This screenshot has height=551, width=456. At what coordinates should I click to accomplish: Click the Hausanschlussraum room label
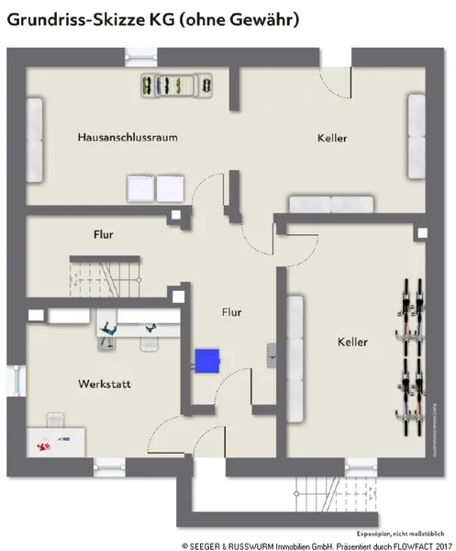(128, 137)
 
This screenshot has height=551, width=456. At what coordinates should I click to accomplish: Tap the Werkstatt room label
(105, 384)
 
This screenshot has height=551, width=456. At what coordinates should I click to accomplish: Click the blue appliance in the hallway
(207, 361)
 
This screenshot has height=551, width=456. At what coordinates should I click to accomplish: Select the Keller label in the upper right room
(332, 138)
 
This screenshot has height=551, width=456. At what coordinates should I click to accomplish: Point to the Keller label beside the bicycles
(352, 342)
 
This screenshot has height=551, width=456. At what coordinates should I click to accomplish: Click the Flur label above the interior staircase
(103, 234)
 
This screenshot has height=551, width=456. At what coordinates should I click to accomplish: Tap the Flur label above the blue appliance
(231, 312)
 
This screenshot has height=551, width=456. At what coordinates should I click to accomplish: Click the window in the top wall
(141, 57)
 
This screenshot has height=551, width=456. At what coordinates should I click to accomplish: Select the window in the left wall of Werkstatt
(17, 381)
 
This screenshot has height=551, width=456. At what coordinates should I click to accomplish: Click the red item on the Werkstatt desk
(43, 445)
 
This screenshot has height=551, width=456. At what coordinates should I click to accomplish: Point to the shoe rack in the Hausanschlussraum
(176, 85)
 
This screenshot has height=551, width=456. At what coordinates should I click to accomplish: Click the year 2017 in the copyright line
(444, 546)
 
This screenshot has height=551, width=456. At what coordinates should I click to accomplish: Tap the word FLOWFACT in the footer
(413, 546)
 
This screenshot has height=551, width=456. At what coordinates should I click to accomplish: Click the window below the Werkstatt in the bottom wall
(109, 467)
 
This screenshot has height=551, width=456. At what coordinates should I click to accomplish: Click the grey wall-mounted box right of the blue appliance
(271, 355)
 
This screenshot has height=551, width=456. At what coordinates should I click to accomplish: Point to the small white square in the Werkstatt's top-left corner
(36, 315)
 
